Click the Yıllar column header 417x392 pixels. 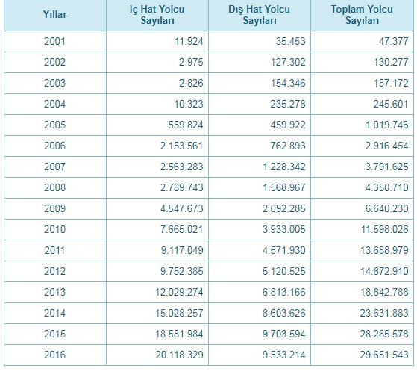54,14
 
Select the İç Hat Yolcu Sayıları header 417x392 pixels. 157,15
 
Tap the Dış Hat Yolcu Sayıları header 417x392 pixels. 260,15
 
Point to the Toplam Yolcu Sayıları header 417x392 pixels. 362,15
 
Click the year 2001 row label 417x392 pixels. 54,41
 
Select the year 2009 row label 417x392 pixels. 54,208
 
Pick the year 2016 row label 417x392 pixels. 54,355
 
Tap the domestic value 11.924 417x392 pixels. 189,41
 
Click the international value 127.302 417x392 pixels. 288,62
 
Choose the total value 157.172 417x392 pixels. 391,83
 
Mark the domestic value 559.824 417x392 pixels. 186,125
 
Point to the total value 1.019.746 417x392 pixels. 387,125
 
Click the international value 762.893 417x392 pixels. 288,146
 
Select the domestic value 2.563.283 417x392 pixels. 181,167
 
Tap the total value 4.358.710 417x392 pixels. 387,187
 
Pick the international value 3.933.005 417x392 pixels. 284,229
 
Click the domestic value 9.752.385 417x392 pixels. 181,271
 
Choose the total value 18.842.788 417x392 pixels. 384,292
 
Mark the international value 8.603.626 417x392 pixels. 284,313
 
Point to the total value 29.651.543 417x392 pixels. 384,355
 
